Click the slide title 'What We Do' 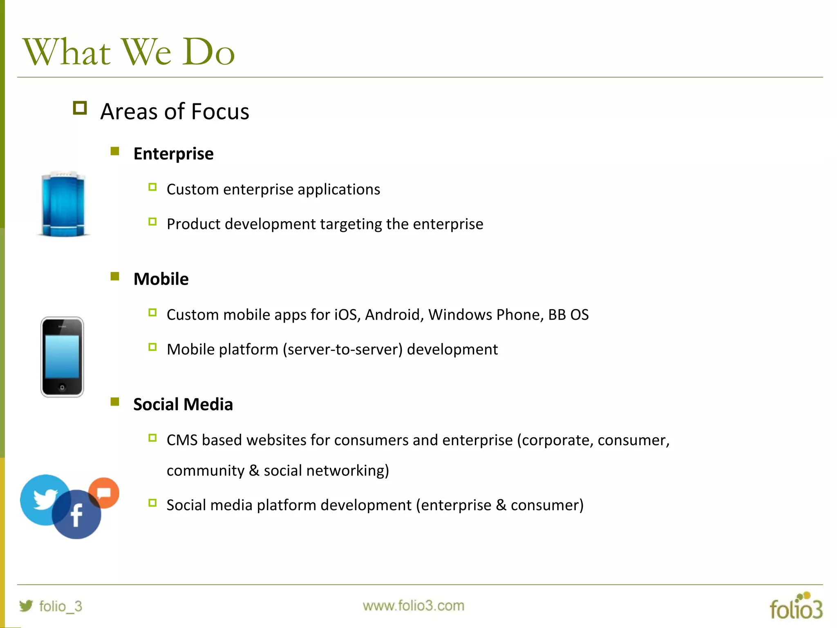tap(129, 52)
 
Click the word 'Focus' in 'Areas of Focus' tap(220, 112)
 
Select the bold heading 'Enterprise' tap(173, 154)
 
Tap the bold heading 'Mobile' tap(161, 279)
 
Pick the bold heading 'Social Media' tap(183, 404)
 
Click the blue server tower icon tap(63, 204)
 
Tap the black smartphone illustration tap(62, 357)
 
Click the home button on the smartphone tap(62, 387)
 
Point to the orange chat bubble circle tap(104, 492)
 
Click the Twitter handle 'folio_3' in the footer tap(60, 606)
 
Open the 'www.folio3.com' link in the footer tap(413, 606)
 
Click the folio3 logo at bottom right tap(796, 606)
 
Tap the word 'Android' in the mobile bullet tap(394, 315)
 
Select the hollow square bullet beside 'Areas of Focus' tap(80, 108)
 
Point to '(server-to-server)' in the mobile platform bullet tap(342, 350)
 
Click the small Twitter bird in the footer tap(26, 606)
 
